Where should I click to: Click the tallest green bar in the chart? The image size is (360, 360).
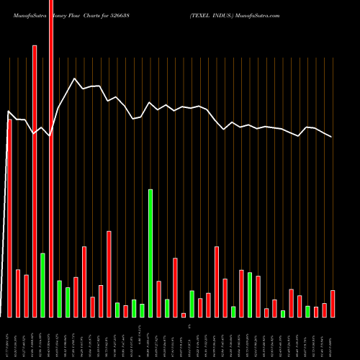pyautogui.click(x=150, y=252)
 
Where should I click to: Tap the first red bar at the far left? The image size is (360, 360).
pyautogui.click(x=9, y=216)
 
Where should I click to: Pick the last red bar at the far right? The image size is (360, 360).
pyautogui.click(x=333, y=303)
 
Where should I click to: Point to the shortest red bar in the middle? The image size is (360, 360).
pyautogui.click(x=184, y=315)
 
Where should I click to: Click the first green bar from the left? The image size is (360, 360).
pyautogui.click(x=42, y=284)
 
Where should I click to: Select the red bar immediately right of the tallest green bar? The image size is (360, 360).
pyautogui.click(x=158, y=299)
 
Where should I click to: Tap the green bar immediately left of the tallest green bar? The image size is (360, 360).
pyautogui.click(x=142, y=310)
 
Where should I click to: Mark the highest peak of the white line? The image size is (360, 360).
pyautogui.click(x=74, y=78)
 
